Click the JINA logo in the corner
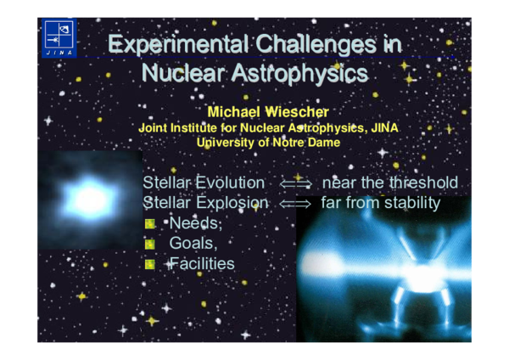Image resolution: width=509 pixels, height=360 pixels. pyautogui.click(x=59, y=39)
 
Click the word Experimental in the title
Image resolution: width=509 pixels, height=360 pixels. pyautogui.click(x=177, y=44)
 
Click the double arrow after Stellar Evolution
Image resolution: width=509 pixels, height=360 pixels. pyautogui.click(x=296, y=183)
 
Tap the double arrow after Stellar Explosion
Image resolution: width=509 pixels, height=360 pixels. pyautogui.click(x=296, y=204)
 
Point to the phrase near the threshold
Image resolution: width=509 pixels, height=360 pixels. pyautogui.click(x=390, y=183)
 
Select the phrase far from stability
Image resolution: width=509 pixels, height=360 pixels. pyautogui.click(x=381, y=203)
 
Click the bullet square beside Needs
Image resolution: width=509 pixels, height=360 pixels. pyautogui.click(x=150, y=224)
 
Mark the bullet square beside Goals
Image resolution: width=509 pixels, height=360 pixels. pyautogui.click(x=150, y=245)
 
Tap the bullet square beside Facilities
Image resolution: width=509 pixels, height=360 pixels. pyautogui.click(x=150, y=265)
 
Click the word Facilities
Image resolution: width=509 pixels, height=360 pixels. pyautogui.click(x=201, y=264)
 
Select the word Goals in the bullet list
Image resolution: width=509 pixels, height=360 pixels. pyautogui.click(x=193, y=244)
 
